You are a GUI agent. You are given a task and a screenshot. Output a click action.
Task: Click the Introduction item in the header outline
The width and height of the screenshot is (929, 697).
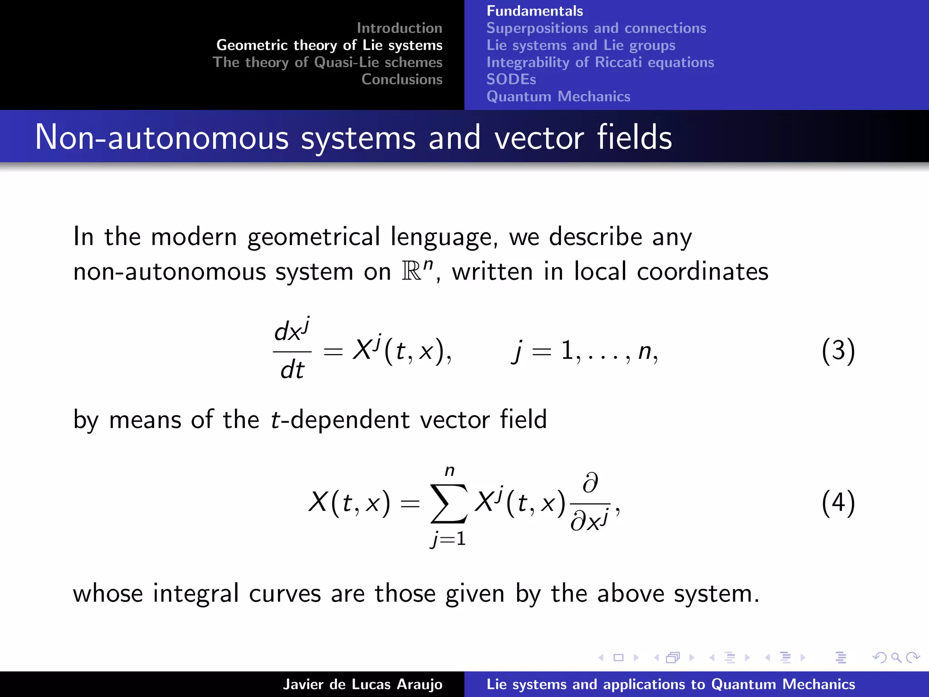(x=399, y=28)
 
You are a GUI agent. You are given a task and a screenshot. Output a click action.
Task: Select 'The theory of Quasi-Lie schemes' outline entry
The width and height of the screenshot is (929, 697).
(x=328, y=62)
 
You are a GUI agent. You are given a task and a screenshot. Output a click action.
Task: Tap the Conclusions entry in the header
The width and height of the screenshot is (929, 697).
(x=401, y=79)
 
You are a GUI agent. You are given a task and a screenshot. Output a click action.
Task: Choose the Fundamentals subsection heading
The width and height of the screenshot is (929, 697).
(x=535, y=11)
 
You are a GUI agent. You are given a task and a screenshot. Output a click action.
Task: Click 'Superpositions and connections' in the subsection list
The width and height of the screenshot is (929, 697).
(x=596, y=28)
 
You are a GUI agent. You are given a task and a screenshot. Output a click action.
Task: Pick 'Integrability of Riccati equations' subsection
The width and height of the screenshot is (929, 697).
(x=600, y=62)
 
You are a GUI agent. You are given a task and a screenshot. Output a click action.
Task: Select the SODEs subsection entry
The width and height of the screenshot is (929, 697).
(x=511, y=79)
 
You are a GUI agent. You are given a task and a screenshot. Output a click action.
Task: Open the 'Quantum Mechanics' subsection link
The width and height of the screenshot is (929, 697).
(x=558, y=97)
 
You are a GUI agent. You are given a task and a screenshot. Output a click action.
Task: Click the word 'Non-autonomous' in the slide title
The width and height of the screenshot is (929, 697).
(x=161, y=137)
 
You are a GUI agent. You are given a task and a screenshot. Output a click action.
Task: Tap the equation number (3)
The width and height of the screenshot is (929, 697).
(x=838, y=351)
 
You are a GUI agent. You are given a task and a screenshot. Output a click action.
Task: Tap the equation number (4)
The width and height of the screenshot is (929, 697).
(x=838, y=503)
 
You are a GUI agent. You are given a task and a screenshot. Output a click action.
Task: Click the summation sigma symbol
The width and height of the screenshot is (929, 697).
(x=449, y=504)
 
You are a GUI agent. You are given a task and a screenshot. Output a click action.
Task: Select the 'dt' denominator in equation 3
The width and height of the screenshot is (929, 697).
(x=292, y=370)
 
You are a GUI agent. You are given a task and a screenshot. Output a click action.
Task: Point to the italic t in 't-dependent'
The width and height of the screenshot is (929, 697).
(x=275, y=419)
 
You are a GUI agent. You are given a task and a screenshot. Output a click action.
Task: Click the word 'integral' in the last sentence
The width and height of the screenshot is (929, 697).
(x=196, y=594)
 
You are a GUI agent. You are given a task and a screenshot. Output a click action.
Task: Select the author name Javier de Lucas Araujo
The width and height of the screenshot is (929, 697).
(x=362, y=684)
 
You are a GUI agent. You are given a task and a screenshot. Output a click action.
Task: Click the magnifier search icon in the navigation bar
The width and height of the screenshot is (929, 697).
(x=895, y=658)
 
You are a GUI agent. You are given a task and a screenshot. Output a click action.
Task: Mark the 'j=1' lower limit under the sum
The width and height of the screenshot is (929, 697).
(x=449, y=539)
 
